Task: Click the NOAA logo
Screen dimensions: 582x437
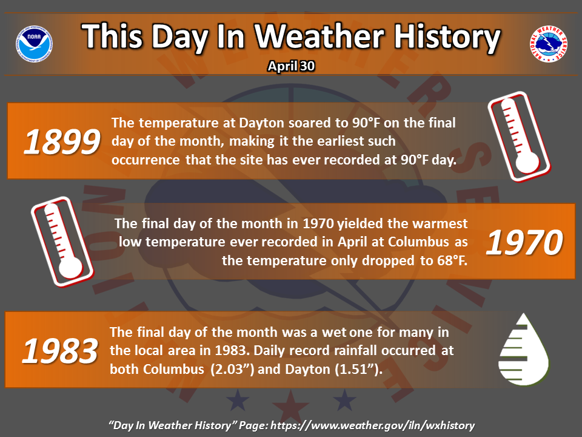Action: (34, 44)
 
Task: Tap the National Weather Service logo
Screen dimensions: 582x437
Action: (548, 44)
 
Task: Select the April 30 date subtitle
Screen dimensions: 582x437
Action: (292, 66)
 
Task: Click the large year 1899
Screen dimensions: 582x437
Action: (62, 142)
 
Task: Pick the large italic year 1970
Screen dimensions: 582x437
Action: (524, 243)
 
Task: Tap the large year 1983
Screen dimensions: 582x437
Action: (60, 351)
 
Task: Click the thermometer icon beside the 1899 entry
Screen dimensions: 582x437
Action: (519, 137)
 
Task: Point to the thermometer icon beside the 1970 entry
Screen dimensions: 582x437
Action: (62, 242)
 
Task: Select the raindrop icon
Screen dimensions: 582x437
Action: (524, 350)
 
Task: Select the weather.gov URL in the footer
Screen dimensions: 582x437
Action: (372, 425)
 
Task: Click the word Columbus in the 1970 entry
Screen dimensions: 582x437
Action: (418, 242)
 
